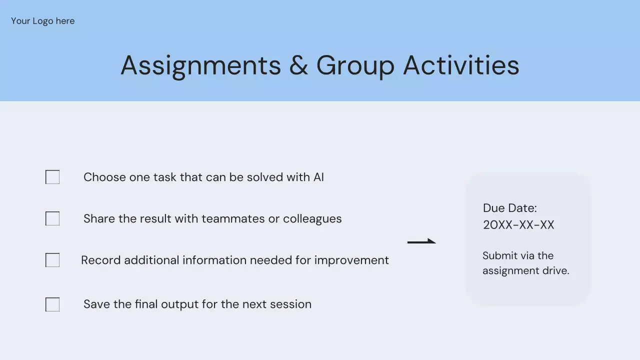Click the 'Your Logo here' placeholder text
tap(43, 21)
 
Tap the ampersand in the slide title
tap(298, 65)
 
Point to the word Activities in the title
tap(461, 65)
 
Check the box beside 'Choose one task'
tap(52, 177)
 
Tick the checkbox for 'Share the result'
tap(52, 218)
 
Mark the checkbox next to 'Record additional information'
tap(52, 260)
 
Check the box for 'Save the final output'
tap(52, 304)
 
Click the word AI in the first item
tap(318, 177)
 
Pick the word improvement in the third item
tap(351, 260)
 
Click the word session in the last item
tap(291, 304)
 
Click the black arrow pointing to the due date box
tap(421, 241)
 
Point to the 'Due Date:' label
tap(510, 208)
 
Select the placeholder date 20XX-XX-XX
tap(518, 225)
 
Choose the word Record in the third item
tap(101, 260)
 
